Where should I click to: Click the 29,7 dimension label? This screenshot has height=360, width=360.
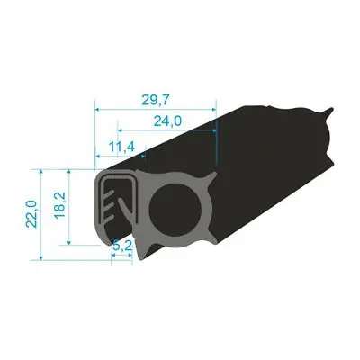point(156,100)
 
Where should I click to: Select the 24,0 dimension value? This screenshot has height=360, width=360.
point(167,121)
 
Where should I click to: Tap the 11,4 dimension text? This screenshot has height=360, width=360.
point(121,147)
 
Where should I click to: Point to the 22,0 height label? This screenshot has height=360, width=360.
point(31,214)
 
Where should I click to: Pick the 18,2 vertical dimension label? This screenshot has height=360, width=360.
point(60,206)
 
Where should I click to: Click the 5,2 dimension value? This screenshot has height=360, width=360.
point(122,247)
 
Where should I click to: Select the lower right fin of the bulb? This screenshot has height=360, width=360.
point(210,238)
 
